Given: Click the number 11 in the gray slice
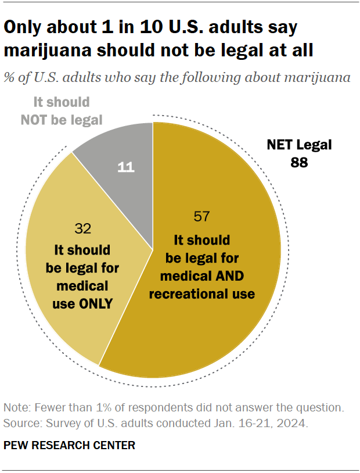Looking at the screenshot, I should (x=126, y=168).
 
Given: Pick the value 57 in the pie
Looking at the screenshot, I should (x=201, y=217).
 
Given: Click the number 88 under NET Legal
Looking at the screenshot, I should (x=299, y=163).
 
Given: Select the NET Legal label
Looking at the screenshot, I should (x=299, y=145).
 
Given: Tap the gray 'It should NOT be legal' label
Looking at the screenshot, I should (x=62, y=112).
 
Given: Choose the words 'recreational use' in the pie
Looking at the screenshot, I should (x=201, y=293).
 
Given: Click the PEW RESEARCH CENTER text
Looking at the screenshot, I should (x=69, y=446).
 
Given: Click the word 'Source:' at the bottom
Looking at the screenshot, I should (x=21, y=423).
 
